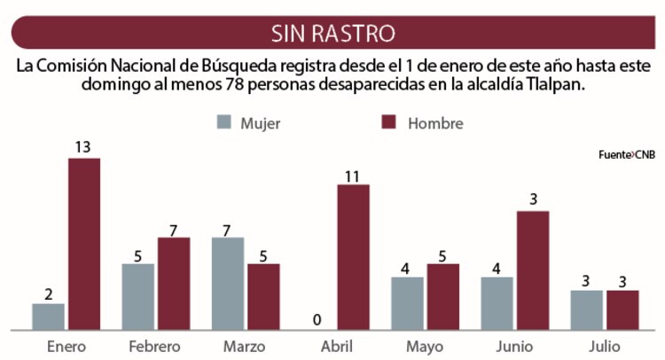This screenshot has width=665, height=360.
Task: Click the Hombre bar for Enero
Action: point(84,244)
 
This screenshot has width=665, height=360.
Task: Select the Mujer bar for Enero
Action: point(48,317)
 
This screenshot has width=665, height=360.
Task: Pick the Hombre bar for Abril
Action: point(353,257)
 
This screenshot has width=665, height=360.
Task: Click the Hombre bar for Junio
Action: point(533,270)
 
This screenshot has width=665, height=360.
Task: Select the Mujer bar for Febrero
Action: point(137,297)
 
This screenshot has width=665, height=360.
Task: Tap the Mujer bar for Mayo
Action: point(407,303)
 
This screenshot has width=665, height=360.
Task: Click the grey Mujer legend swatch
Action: point(224,122)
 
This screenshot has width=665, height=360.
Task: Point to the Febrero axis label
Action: point(155,346)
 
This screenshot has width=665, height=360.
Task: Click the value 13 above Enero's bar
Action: point(84,148)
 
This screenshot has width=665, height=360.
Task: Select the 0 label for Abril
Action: point(317,319)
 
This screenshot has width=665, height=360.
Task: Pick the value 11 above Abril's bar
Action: point(353,175)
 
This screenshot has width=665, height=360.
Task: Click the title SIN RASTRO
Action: point(332,35)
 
